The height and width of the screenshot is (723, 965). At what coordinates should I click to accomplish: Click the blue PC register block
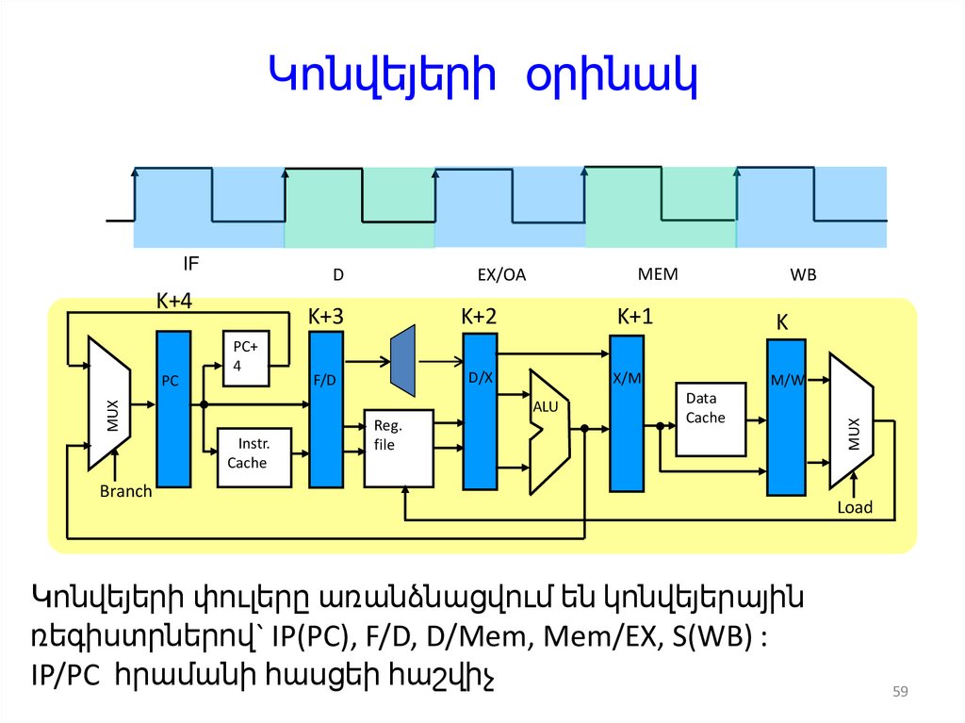pyautogui.click(x=173, y=407)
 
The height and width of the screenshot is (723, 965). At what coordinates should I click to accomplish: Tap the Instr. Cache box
pyautogui.click(x=254, y=456)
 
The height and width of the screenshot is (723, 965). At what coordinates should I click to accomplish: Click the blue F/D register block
pyautogui.click(x=325, y=409)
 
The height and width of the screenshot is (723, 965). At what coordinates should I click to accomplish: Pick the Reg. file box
pyautogui.click(x=398, y=448)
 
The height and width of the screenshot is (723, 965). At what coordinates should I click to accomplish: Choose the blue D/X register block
pyautogui.click(x=480, y=411)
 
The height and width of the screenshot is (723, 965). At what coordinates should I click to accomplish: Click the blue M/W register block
pyautogui.click(x=786, y=416)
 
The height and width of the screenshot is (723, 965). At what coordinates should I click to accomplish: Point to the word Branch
pyautogui.click(x=125, y=491)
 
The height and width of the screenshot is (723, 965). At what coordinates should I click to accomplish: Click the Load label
pyautogui.click(x=855, y=507)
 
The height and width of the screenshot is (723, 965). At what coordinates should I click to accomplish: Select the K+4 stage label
pyautogui.click(x=174, y=301)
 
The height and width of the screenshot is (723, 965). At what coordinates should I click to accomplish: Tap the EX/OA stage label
pyautogui.click(x=501, y=275)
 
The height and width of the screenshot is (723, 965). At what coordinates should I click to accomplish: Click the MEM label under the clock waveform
pyautogui.click(x=658, y=274)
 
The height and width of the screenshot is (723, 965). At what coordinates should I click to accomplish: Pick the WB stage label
pyautogui.click(x=803, y=275)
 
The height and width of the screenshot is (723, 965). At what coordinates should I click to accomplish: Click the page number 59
pyautogui.click(x=899, y=694)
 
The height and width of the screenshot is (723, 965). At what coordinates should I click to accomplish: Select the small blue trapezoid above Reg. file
pyautogui.click(x=402, y=359)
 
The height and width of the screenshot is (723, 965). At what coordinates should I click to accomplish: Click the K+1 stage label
pyautogui.click(x=635, y=316)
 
